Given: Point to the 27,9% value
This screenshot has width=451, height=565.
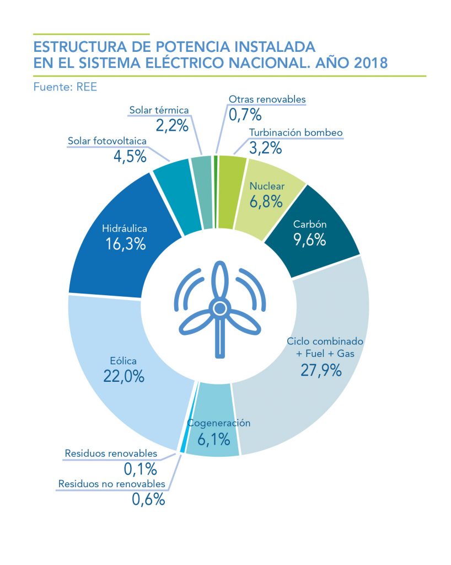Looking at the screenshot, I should point(321,370).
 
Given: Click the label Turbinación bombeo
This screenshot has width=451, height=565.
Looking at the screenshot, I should point(296,132).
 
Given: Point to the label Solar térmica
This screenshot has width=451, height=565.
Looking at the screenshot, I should point(159,110).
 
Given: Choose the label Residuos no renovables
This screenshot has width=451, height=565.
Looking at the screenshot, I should point(111,484).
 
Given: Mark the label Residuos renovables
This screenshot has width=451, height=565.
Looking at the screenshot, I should point(111,454).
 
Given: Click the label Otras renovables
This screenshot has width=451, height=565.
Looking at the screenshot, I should point(267,99).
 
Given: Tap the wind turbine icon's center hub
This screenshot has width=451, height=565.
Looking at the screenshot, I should point(219,307).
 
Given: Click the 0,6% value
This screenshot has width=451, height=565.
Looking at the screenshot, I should point(148,500).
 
